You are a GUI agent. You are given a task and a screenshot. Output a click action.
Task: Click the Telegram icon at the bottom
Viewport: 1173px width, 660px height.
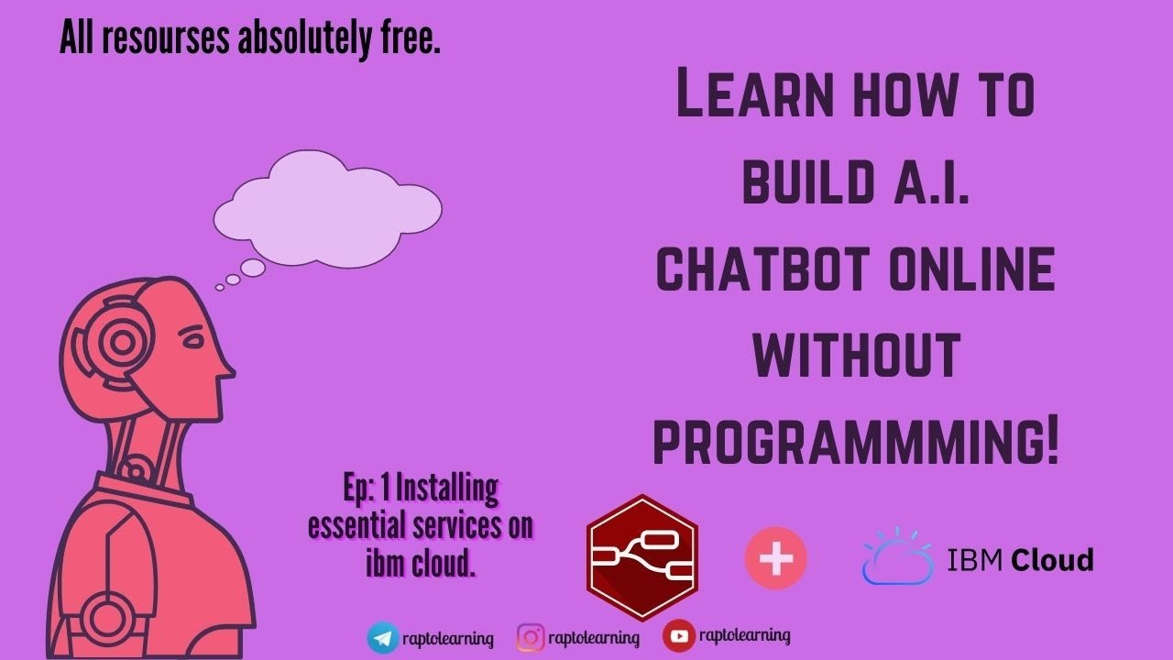pyautogui.click(x=383, y=637)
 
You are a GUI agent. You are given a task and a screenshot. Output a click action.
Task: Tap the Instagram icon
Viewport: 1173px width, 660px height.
pyautogui.click(x=531, y=637)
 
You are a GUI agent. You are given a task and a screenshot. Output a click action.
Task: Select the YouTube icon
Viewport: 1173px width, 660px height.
pyautogui.click(x=678, y=636)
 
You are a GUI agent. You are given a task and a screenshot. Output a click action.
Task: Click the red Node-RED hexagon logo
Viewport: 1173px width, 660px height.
pyautogui.click(x=641, y=558)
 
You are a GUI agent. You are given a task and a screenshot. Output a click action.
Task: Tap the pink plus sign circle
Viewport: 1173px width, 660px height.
pyautogui.click(x=776, y=558)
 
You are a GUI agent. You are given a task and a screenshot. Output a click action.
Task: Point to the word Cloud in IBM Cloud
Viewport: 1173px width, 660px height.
pyautogui.click(x=1052, y=559)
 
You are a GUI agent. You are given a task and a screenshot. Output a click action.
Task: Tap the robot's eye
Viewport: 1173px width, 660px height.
pyautogui.click(x=193, y=341)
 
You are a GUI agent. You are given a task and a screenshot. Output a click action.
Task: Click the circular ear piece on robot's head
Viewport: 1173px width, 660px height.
pyautogui.click(x=120, y=344)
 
